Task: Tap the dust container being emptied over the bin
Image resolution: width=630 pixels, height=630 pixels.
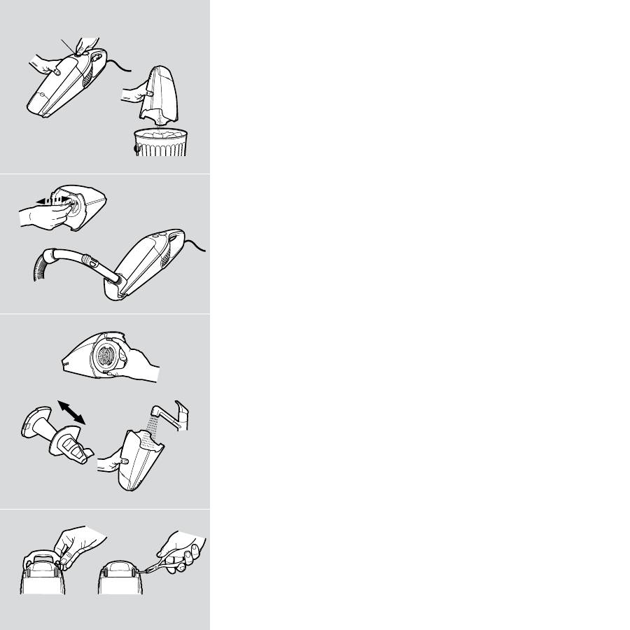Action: [162, 91]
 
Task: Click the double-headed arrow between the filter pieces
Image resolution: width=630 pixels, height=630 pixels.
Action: [71, 413]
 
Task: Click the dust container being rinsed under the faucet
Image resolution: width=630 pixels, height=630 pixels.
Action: [140, 462]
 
